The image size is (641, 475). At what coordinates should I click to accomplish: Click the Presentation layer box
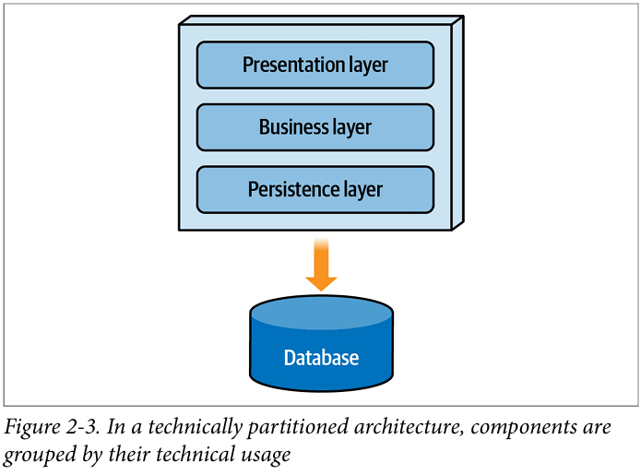[315, 65]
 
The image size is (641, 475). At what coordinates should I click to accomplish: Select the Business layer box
[315, 127]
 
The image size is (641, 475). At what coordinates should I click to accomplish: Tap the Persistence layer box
[315, 190]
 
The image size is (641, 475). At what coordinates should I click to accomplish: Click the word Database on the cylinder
[321, 358]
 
